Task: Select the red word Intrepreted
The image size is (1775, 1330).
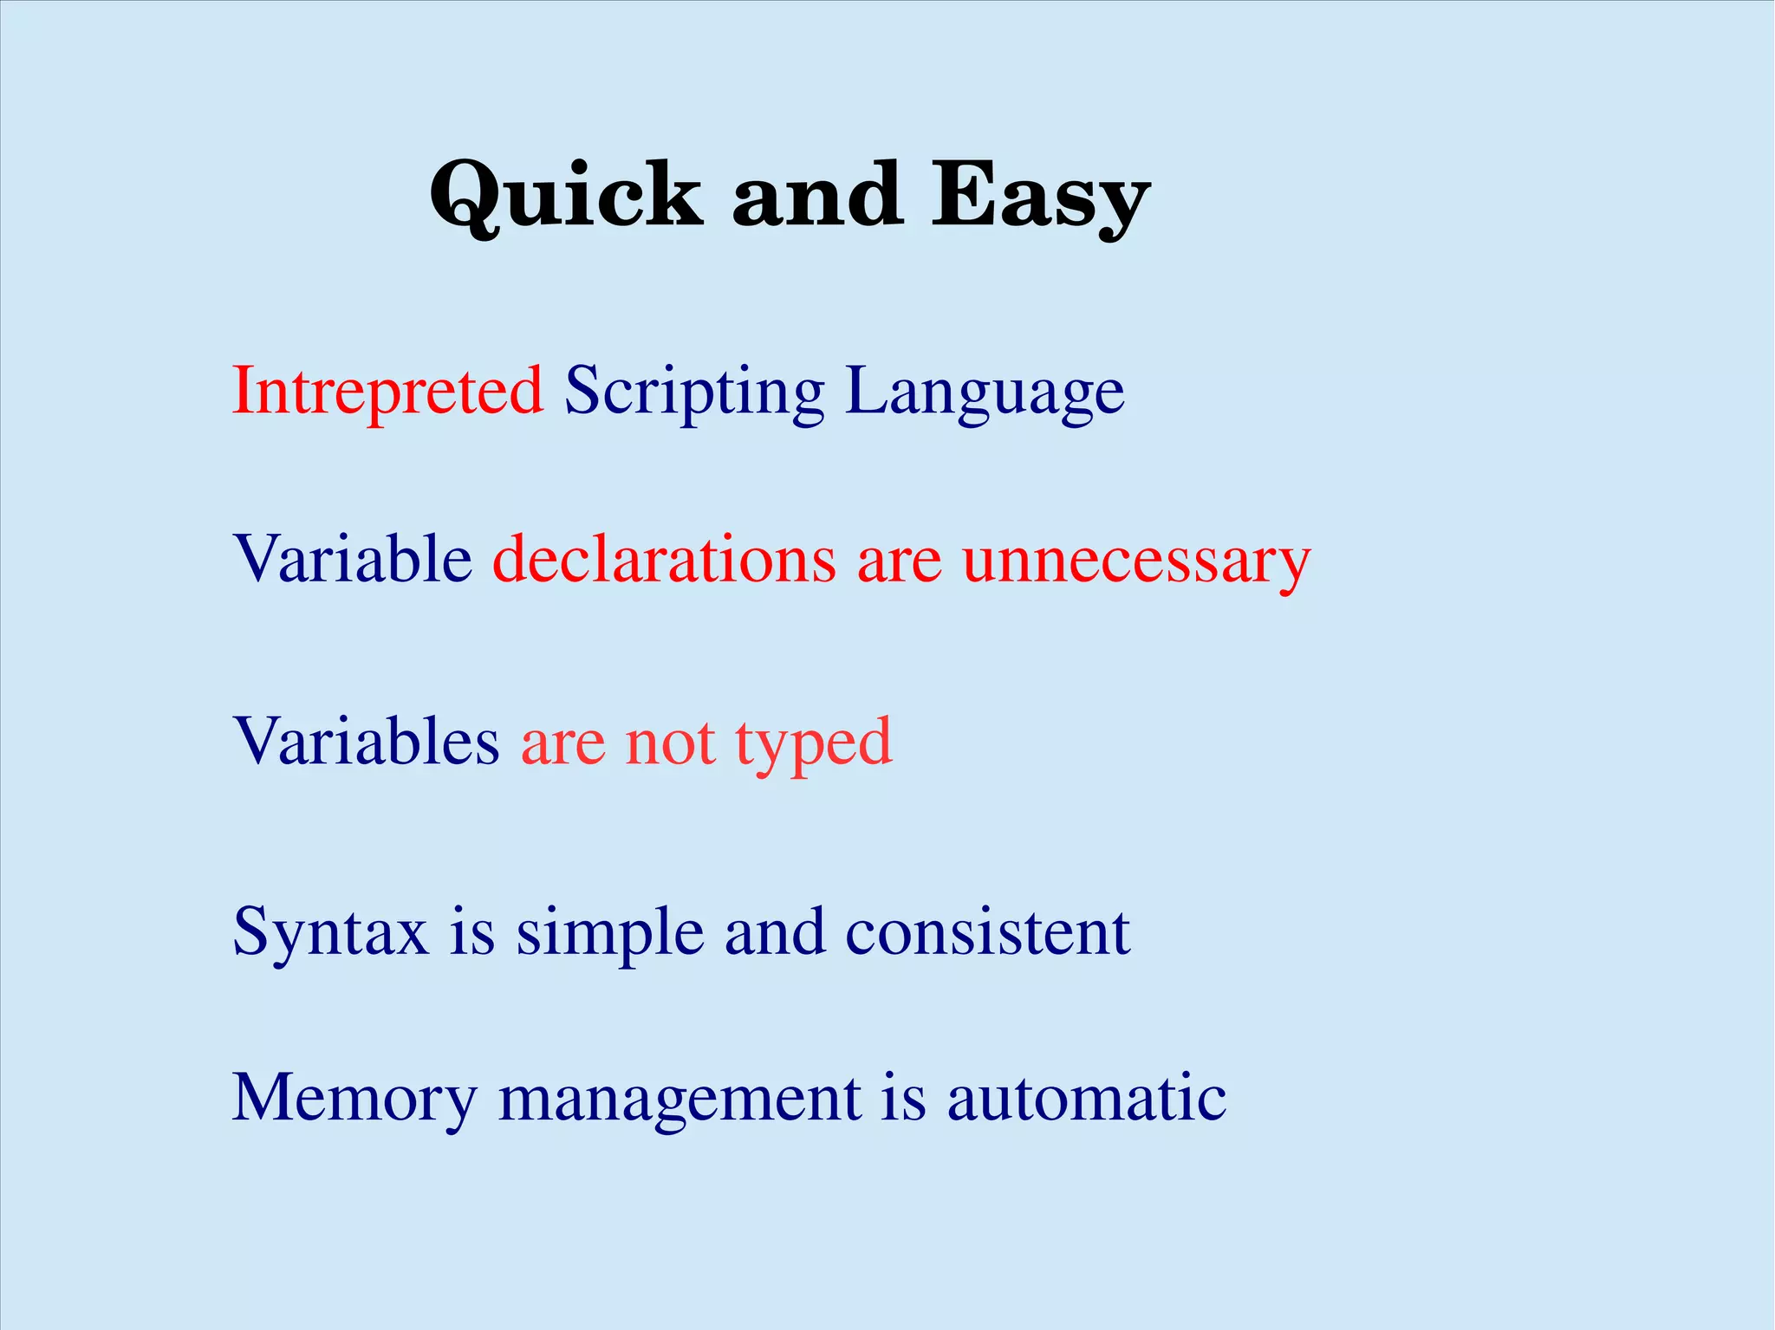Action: click(x=387, y=392)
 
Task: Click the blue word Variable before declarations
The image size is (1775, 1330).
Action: click(x=352, y=559)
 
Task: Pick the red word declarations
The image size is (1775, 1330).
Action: click(x=664, y=559)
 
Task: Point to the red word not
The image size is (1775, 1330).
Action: click(x=670, y=743)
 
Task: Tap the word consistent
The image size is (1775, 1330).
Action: click(x=987, y=932)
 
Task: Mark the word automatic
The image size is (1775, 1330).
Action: click(x=1086, y=1099)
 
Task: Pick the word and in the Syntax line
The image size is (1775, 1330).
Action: click(x=775, y=932)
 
